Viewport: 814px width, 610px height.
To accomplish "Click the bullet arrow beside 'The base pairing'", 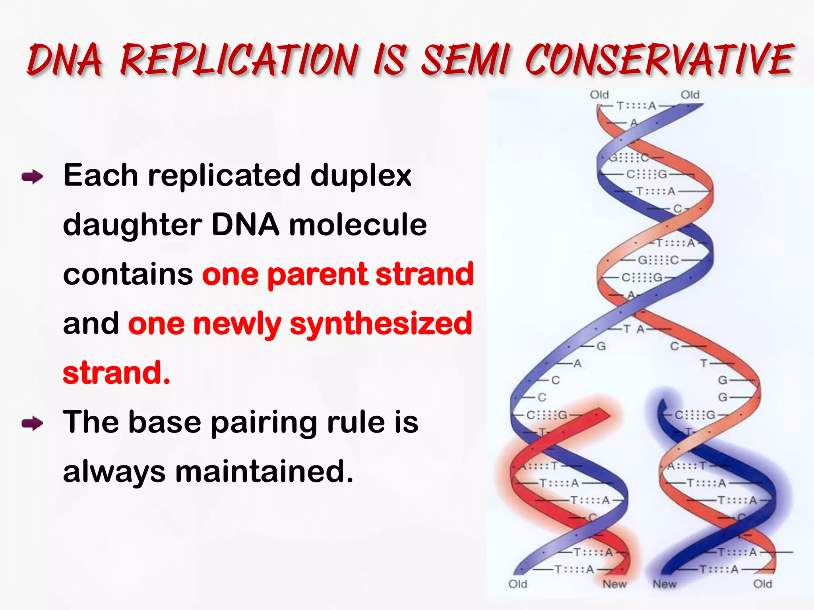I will (x=33, y=423).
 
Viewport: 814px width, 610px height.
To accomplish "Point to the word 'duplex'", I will (x=360, y=176).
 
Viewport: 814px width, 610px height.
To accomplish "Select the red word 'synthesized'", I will (x=381, y=324).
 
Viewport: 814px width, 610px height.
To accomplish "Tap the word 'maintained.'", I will (x=264, y=471).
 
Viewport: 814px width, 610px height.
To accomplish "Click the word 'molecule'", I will (x=358, y=225).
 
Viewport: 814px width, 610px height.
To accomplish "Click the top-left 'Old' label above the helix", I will (x=599, y=95).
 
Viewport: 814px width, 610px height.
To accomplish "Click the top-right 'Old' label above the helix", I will (x=690, y=95).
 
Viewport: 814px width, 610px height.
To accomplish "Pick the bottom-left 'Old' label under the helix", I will (x=517, y=584).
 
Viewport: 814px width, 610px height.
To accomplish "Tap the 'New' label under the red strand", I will (x=614, y=584).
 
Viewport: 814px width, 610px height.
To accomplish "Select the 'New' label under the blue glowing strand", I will (x=664, y=584).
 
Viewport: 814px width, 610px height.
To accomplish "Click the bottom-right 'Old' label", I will (x=762, y=584).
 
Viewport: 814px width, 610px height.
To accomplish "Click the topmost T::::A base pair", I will (x=636, y=106).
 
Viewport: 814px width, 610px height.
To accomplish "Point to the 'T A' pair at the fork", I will (x=634, y=329).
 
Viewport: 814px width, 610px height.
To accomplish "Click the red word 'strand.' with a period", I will (x=116, y=373).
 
